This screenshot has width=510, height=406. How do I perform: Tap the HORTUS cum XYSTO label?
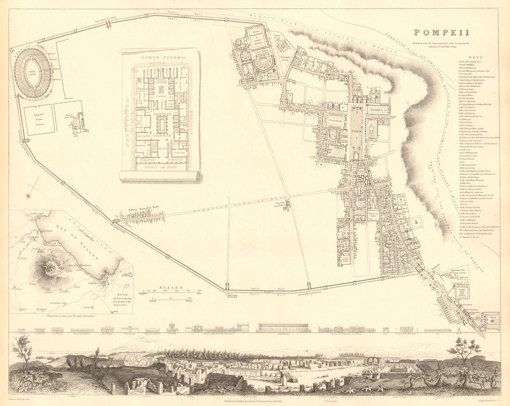pyautogui.click(x=161, y=166)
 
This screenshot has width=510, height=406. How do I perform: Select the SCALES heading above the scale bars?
pyautogui.click(x=170, y=288)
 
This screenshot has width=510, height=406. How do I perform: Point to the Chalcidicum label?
pyautogui.click(x=337, y=121)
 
